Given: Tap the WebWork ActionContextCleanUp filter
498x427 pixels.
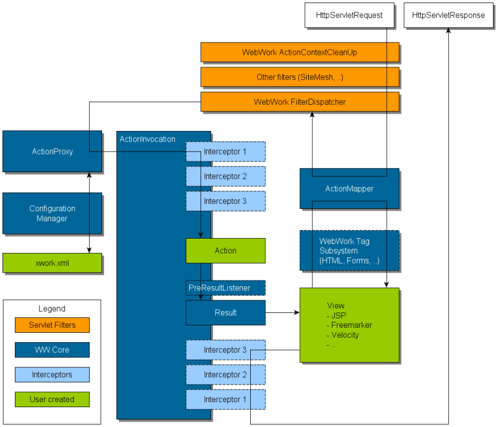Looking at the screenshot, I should click(x=299, y=52).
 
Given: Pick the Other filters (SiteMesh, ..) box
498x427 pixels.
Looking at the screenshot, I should click(x=299, y=77).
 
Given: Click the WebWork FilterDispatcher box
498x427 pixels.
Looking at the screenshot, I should click(x=299, y=102).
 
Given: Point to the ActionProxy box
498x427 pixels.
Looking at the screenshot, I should click(x=52, y=151).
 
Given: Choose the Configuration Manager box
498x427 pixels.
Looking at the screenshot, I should click(x=52, y=213).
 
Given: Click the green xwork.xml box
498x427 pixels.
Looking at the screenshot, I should click(x=52, y=263).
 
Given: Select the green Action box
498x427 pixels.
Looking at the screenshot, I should click(x=225, y=251).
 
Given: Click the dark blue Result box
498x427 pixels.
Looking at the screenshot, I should click(x=225, y=312).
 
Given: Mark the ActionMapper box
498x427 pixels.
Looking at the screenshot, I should click(x=349, y=188).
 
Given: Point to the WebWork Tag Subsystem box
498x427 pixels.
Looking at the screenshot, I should click(x=349, y=251).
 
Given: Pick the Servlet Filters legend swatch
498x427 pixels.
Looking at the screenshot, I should click(x=52, y=325).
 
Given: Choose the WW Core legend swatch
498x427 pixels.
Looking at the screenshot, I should click(x=52, y=350).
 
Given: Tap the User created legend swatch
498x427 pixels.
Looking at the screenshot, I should click(x=52, y=399).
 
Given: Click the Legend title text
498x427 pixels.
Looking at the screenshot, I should click(x=52, y=309).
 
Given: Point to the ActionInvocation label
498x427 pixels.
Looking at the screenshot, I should click(x=148, y=139).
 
